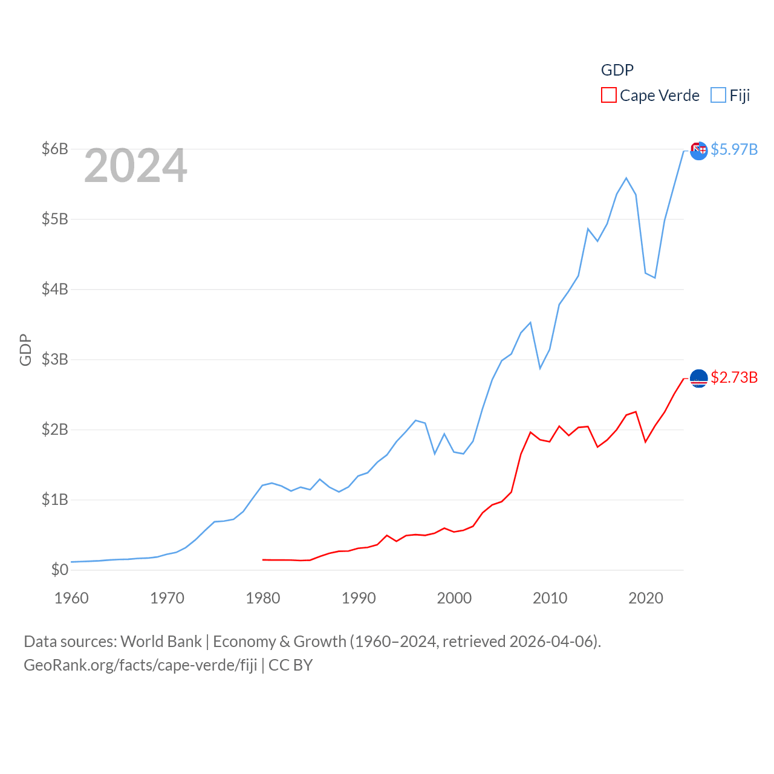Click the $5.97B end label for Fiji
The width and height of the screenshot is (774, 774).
point(734,149)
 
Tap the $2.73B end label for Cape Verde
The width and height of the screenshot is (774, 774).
point(734,377)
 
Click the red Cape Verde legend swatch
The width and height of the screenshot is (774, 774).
point(608,96)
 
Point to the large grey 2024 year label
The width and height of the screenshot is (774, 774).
point(135,166)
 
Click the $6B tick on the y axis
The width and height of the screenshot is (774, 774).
point(54,149)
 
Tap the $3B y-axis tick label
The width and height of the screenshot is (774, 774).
point(54,359)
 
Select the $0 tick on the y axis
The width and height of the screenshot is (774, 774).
point(59,570)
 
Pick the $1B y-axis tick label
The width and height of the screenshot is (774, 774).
point(54,499)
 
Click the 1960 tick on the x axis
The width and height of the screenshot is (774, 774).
point(71,598)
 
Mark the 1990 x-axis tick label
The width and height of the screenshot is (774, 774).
point(359,598)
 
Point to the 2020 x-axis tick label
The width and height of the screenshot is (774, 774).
point(646,598)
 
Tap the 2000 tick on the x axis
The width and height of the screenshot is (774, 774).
point(454,598)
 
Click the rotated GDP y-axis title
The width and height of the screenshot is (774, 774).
point(25,350)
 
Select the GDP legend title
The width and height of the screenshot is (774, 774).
point(617,70)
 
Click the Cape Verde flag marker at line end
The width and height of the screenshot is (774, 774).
point(698,379)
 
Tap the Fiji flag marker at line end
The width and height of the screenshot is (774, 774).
point(698,151)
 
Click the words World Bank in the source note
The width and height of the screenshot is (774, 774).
point(161,642)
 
